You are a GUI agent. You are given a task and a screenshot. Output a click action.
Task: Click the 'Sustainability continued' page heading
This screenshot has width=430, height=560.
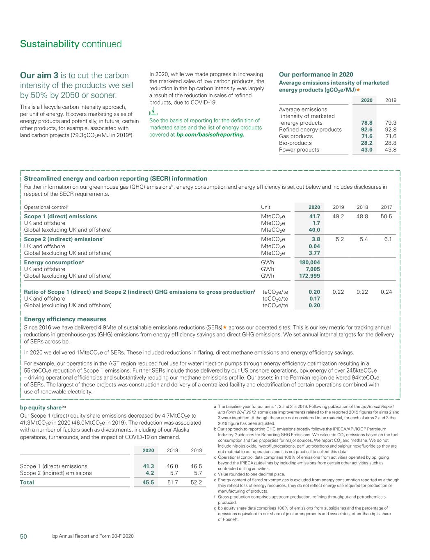click(71, 44)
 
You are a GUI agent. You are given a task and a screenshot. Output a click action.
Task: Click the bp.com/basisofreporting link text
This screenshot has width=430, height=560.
click(210, 135)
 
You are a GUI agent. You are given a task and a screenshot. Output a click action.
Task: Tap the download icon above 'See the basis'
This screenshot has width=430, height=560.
click(153, 111)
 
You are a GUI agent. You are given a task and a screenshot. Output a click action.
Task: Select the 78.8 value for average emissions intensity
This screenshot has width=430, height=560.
click(366, 123)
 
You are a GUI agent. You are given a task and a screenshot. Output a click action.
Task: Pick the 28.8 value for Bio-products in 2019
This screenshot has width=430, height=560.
click(391, 143)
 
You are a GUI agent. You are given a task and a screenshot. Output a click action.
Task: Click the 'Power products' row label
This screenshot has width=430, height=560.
click(299, 150)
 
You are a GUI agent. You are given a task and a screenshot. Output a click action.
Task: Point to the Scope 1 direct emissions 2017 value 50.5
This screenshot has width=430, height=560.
click(386, 216)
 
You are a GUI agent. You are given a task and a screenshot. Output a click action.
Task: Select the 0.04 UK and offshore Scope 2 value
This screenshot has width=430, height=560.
click(314, 246)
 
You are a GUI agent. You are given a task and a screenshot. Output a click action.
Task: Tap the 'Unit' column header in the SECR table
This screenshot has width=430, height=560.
click(265, 207)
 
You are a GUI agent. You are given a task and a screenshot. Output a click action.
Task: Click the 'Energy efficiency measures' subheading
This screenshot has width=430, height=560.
click(65, 319)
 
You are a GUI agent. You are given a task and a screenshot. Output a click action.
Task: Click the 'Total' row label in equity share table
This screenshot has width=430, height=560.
click(27, 482)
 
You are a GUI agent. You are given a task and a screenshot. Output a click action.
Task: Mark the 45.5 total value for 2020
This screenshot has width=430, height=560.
click(148, 482)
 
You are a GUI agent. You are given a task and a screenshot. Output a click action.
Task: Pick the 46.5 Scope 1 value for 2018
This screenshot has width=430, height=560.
click(196, 466)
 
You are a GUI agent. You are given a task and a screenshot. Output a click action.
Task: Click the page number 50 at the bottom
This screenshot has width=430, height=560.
click(24, 537)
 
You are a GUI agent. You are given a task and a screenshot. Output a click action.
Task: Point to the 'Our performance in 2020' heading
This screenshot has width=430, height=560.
click(316, 75)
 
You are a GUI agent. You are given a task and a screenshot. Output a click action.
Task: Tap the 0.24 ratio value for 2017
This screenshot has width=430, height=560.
click(386, 292)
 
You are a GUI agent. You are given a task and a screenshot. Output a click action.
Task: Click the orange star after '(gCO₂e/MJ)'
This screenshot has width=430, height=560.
click(358, 90)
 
